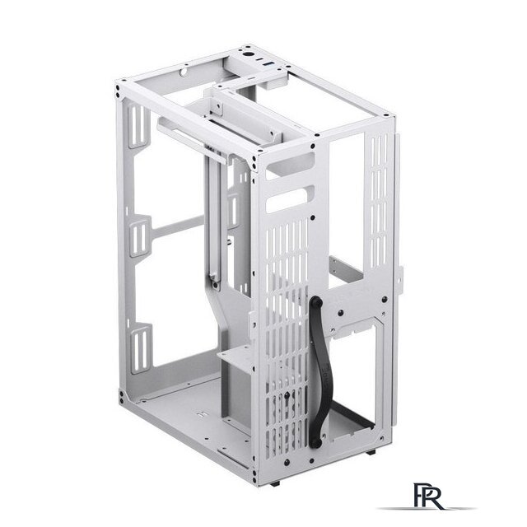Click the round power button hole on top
click(248, 54)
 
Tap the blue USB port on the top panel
click(269, 64)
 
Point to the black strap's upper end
click(316, 303)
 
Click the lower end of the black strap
click(315, 443)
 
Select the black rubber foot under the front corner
click(275, 484)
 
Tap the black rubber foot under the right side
click(371, 452)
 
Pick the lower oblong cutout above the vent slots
click(290, 199)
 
